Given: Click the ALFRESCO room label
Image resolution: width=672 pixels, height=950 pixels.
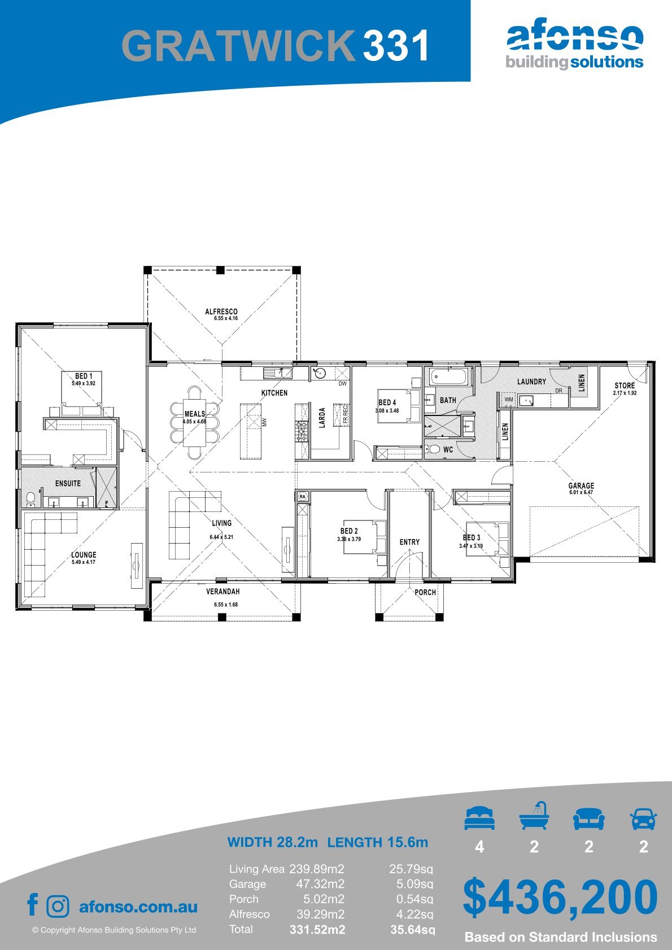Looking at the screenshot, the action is point(221,312).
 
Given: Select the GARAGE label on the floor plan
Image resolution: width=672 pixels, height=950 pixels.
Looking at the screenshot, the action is point(581,485).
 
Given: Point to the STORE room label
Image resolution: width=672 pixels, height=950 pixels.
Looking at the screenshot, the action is point(625,386).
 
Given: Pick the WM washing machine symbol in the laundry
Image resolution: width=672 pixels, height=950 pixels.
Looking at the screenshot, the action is point(509,400).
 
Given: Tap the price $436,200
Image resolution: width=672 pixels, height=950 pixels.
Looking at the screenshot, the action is point(560,897).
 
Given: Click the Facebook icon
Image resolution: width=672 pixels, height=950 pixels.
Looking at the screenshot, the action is point(33,904).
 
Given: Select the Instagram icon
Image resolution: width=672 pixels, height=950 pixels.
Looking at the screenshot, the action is point(58,907).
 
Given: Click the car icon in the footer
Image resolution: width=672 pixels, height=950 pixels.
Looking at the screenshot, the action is point(644,818).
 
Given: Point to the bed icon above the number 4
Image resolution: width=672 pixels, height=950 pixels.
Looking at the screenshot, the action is point(479,818).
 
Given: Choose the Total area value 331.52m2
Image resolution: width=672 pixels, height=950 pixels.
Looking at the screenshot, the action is point(317,930).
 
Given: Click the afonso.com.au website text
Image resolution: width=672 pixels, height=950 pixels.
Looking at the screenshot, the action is point(138,907).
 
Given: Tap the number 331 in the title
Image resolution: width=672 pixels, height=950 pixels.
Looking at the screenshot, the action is point(396,45).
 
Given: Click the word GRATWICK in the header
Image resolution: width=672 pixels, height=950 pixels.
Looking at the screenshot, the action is point(238,45).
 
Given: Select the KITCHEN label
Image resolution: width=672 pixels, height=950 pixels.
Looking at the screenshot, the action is point(274,393).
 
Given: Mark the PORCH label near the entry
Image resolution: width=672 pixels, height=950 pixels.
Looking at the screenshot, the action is point(425,592).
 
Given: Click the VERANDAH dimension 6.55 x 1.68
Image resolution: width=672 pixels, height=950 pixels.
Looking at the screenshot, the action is point(226,605).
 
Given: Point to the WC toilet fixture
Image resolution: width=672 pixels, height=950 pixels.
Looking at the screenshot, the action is point(433,449).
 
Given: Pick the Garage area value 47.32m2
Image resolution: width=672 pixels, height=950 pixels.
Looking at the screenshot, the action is point(320,884).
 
